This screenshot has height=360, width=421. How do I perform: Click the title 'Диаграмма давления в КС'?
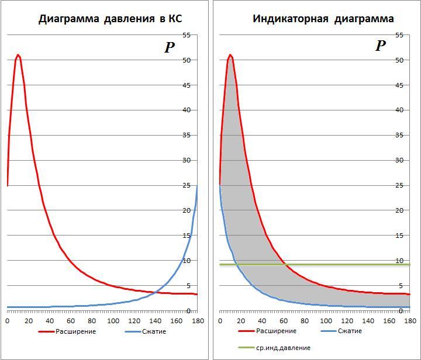110,19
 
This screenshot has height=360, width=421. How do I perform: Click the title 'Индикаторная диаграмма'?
323,19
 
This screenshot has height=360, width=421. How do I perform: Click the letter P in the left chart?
170,47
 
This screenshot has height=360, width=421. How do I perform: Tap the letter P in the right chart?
381,46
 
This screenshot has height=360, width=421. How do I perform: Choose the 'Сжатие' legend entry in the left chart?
153,331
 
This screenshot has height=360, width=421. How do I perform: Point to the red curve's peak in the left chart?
18,55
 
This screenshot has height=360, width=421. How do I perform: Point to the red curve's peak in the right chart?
230,55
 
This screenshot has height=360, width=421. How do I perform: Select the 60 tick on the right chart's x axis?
284,321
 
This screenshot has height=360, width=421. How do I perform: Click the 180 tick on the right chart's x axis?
410,321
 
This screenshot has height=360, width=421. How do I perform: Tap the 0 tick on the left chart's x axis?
7,321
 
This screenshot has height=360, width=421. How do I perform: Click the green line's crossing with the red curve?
285,265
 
